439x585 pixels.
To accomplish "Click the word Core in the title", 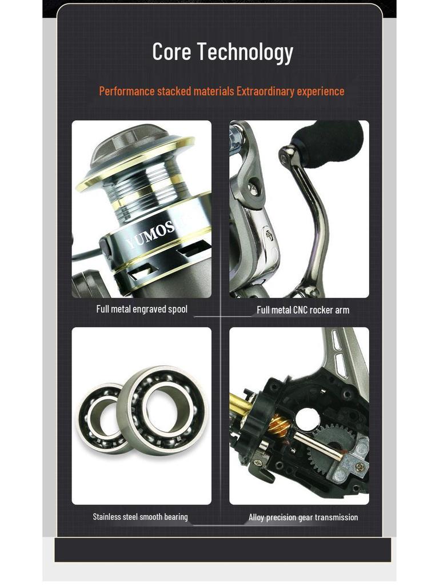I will tap(171, 52).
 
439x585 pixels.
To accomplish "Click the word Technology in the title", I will tap(245, 53).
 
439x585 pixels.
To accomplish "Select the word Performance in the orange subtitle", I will tap(127, 91).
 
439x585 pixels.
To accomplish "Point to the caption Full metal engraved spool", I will tap(142, 309).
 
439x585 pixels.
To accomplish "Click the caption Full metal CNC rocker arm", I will tap(303, 310).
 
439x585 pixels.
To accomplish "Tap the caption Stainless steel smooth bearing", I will tap(140, 516).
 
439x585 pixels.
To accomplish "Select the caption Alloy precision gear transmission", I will tap(303, 517).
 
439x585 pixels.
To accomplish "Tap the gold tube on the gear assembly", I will tap(240, 404).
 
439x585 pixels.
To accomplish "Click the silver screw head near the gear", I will tap(359, 467).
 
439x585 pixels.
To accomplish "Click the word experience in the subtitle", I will tap(321, 91).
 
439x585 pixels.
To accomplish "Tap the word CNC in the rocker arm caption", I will tap(300, 310).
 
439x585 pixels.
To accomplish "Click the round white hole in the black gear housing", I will tap(307, 419).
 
